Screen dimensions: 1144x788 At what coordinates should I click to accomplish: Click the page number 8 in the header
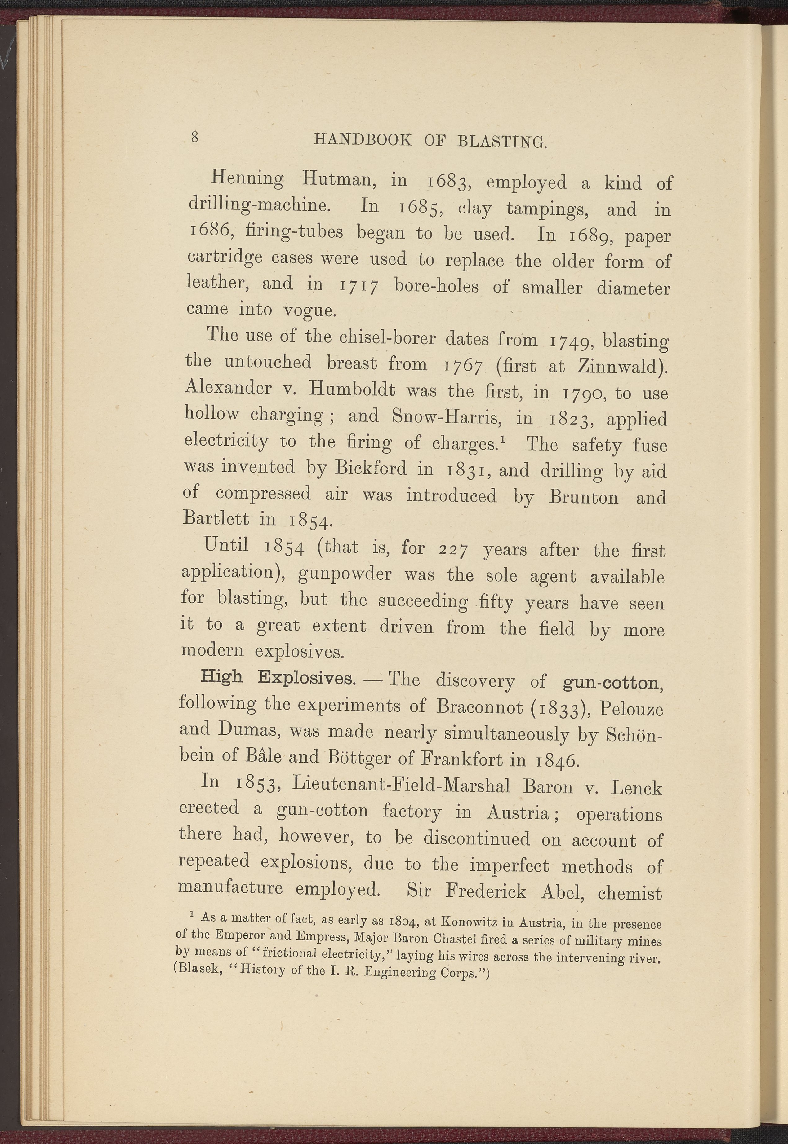tap(195, 137)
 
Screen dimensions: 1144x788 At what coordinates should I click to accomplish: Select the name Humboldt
tap(352, 390)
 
